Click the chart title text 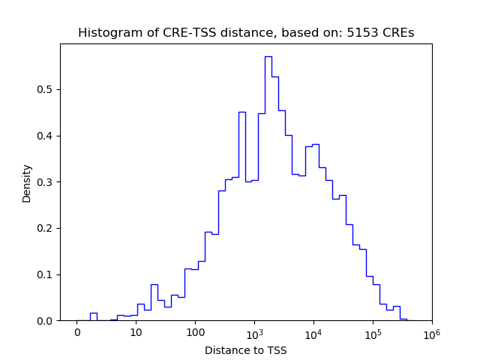[x=246, y=33]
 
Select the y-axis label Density [x=27, y=182]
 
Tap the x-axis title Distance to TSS [x=246, y=350]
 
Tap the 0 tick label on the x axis [x=76, y=332]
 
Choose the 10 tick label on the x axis [x=136, y=332]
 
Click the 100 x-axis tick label [x=195, y=332]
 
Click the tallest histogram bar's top [x=268, y=57]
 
